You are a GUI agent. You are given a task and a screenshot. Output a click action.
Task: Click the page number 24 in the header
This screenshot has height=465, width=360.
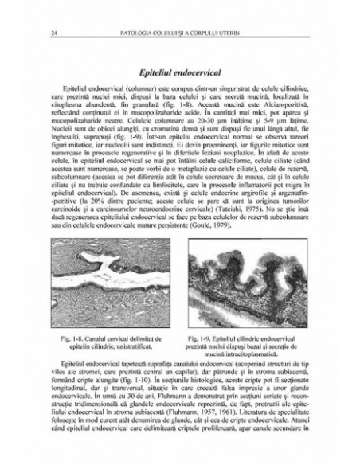click(x=51, y=33)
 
